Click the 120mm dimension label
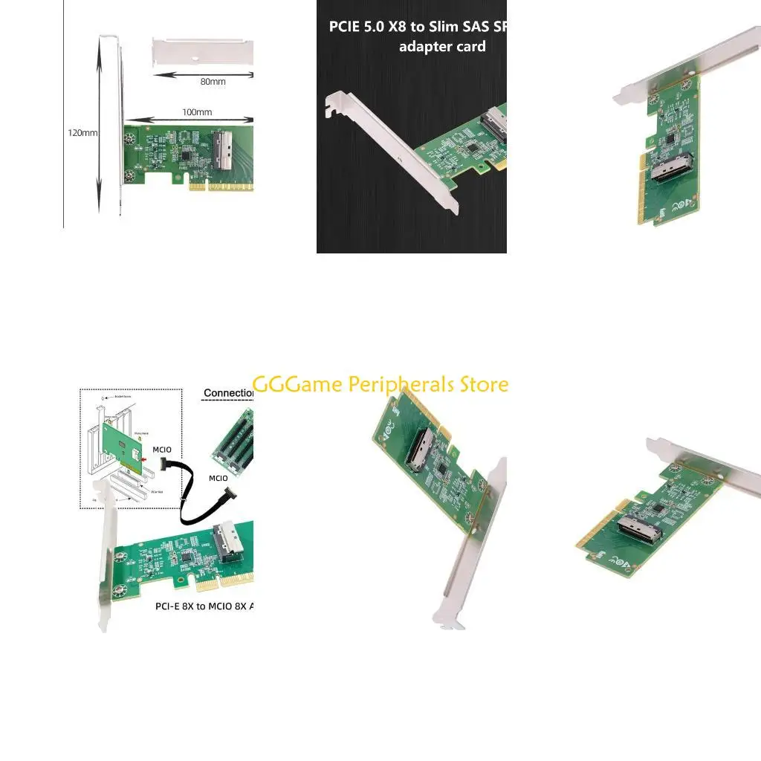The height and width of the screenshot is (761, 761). click(x=82, y=133)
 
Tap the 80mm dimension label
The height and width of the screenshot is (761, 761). click(x=213, y=82)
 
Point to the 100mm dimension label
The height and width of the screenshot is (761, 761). click(x=197, y=112)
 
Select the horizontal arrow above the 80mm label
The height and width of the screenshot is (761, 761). click(x=204, y=74)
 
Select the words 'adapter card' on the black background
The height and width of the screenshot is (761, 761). click(x=442, y=47)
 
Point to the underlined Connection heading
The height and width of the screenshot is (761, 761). click(x=228, y=392)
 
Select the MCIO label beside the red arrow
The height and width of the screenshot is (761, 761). click(x=162, y=450)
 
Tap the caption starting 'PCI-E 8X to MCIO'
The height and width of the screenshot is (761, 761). click(x=204, y=606)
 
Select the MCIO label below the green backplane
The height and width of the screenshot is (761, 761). click(x=218, y=478)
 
